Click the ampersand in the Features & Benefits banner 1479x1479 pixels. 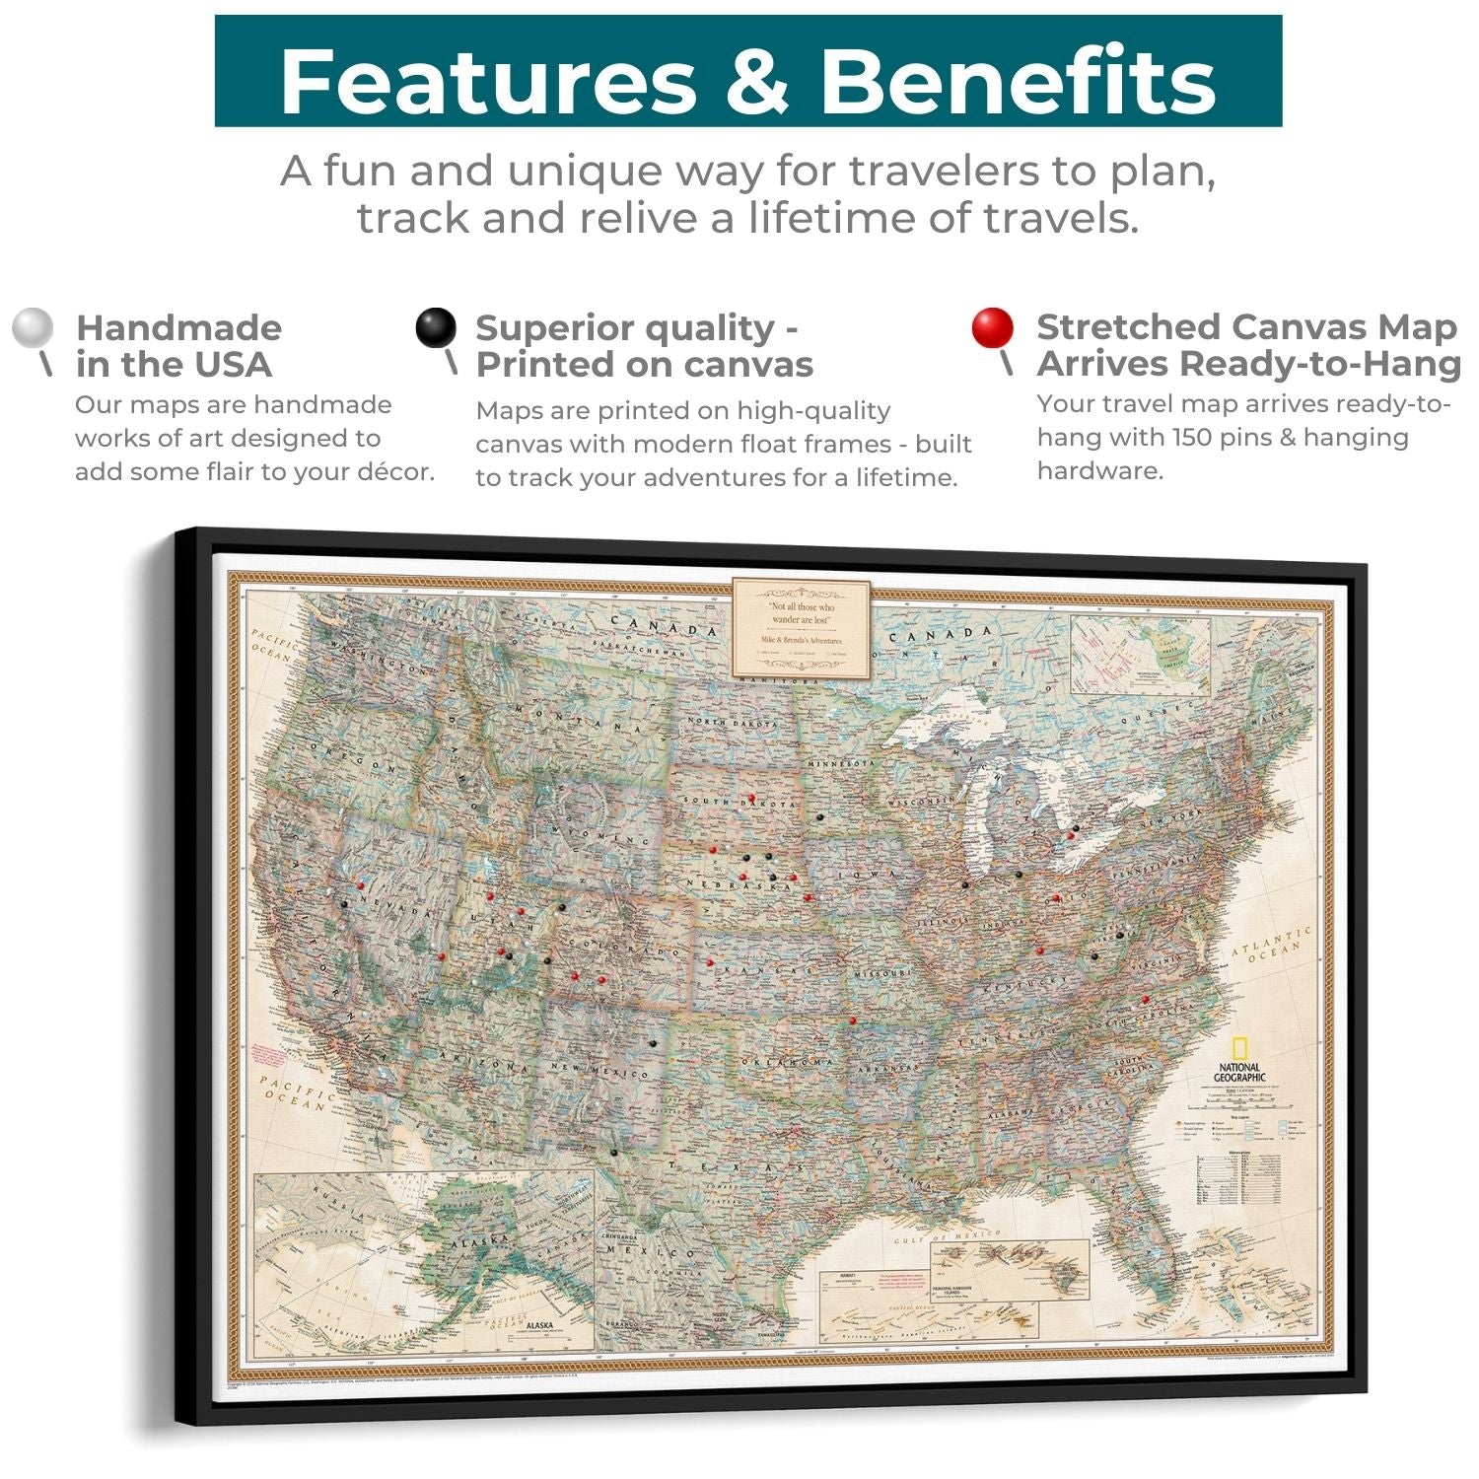tap(757, 81)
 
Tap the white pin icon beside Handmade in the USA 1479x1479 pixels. tap(33, 329)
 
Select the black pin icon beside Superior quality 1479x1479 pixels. tap(436, 328)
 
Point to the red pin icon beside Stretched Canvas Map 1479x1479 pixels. tap(992, 328)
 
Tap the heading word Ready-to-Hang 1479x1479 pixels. tap(1320, 364)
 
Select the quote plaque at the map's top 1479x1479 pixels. tap(801, 628)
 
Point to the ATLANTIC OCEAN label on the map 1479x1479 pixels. tap(1272, 945)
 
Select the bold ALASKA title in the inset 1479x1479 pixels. tap(539, 1326)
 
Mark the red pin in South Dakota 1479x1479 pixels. tap(751, 798)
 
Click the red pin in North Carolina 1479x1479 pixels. tap(1145, 1000)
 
